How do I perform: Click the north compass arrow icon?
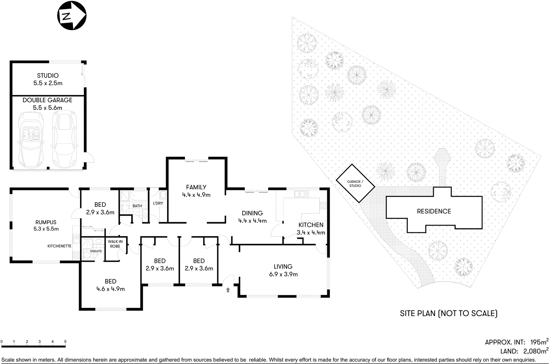pyautogui.click(x=71, y=15)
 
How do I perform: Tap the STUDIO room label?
pyautogui.click(x=48, y=76)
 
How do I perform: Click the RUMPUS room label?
pyautogui.click(x=46, y=222)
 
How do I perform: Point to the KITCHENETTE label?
pyautogui.click(x=59, y=246)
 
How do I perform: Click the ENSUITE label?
pyautogui.click(x=96, y=251)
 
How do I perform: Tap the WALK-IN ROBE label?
pyautogui.click(x=115, y=244)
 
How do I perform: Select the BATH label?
pyautogui.click(x=137, y=206)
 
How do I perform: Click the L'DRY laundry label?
pyautogui.click(x=158, y=203)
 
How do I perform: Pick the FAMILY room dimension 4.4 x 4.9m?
pyautogui.click(x=196, y=195)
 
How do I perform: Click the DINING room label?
pyautogui.click(x=252, y=213)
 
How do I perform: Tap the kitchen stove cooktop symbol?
pyautogui.click(x=323, y=206)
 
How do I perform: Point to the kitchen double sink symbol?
pyautogui.click(x=301, y=194)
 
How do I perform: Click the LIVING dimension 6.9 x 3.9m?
pyautogui.click(x=283, y=274)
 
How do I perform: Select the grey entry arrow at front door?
pyautogui.click(x=228, y=290)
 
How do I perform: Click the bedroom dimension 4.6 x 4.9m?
pyautogui.click(x=111, y=289)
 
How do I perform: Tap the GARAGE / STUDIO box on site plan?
pyautogui.click(x=355, y=183)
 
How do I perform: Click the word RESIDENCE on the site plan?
pyautogui.click(x=434, y=211)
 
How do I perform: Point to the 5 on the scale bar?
pyautogui.click(x=65, y=342)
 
